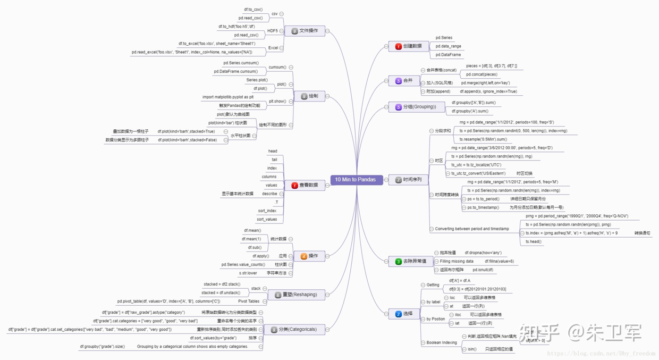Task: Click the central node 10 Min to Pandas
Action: (355, 180)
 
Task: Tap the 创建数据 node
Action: (408, 46)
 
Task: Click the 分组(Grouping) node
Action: (416, 107)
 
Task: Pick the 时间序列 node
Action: (408, 180)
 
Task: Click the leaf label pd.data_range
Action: (448, 46)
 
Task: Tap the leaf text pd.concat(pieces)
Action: (482, 74)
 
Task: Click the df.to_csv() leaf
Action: (253, 10)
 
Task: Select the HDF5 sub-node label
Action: (272, 31)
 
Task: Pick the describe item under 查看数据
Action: (269, 194)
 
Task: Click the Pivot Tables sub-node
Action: (249, 301)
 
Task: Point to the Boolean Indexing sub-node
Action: (441, 342)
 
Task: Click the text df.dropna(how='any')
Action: (483, 253)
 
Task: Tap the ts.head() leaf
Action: (533, 241)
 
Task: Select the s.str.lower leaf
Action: (248, 273)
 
